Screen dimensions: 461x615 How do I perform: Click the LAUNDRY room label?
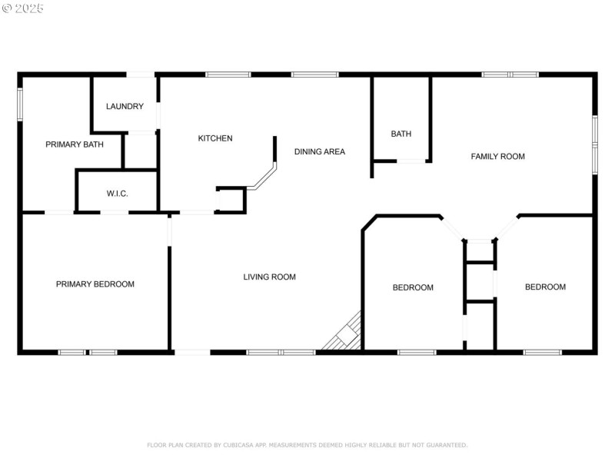pos(125,107)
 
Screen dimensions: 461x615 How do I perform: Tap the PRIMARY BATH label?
pos(74,144)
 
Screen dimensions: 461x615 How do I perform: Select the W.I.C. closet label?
pos(117,194)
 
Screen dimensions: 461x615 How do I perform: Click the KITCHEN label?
pos(215,138)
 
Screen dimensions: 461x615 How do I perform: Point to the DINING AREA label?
pos(320,151)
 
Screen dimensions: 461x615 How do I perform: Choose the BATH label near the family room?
pos(401,134)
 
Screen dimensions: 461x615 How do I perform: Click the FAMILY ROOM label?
pos(497,156)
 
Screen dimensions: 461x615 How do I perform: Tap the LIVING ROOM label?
pos(269,277)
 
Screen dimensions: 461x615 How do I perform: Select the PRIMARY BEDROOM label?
pos(95,284)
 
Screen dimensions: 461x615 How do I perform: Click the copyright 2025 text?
pos(23,8)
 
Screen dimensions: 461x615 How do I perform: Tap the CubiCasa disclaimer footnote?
pos(307,445)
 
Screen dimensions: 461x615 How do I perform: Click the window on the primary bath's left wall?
pos(20,104)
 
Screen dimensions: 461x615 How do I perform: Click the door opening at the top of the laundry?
pos(141,75)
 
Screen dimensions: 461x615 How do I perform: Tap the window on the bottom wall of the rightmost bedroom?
pos(542,352)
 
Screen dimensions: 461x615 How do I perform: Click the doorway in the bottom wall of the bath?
pos(411,161)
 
